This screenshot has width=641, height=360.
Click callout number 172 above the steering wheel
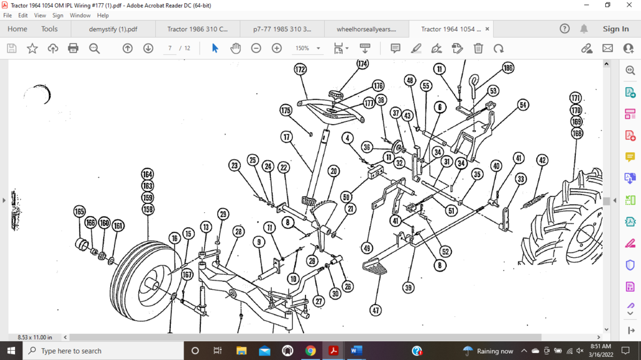tap(300, 69)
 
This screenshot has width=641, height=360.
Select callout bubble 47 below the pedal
tap(376, 310)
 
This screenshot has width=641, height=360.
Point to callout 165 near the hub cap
tap(79, 212)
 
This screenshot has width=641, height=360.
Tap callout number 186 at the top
tap(507, 68)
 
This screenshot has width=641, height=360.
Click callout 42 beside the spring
tap(542, 160)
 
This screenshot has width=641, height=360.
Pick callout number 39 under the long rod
tap(408, 288)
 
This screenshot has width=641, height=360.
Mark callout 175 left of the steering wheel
tap(286, 111)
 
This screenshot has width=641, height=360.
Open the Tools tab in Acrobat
tap(49, 29)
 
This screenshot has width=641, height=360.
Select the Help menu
tap(103, 15)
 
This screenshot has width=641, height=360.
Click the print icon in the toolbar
tap(73, 48)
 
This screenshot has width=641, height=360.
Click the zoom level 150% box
tap(306, 48)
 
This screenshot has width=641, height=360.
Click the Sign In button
tap(615, 29)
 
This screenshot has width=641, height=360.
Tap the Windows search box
tap(103, 351)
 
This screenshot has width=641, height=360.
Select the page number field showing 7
tap(170, 48)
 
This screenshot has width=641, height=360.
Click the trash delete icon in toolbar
tap(478, 48)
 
